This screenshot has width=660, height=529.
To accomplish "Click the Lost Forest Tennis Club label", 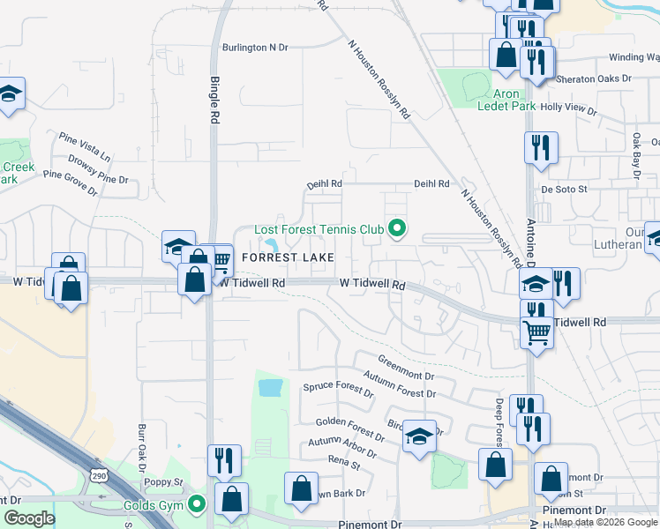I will coord(319,229).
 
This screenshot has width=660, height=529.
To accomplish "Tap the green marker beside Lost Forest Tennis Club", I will coord(397,229).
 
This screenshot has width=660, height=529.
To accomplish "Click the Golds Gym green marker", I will coord(198,505).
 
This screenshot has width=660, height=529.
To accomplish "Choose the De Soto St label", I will coord(564,189).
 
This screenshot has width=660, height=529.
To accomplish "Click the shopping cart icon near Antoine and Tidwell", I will coord(536,333).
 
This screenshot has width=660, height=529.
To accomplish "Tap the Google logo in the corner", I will coord(29,518).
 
